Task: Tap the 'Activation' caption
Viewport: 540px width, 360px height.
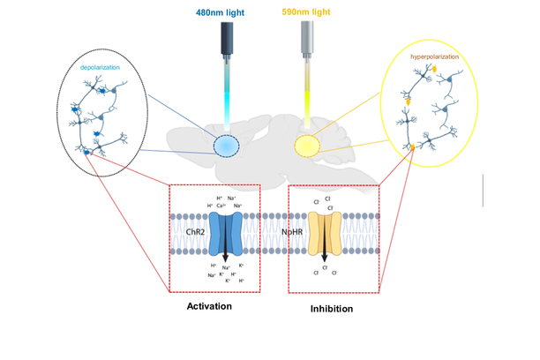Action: point(209,306)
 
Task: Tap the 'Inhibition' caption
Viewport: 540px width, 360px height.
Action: point(332,310)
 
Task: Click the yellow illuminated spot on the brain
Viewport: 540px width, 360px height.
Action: point(307,144)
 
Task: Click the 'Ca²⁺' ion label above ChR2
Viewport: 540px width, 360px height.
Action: point(221,206)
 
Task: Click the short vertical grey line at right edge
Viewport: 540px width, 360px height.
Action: point(483,191)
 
